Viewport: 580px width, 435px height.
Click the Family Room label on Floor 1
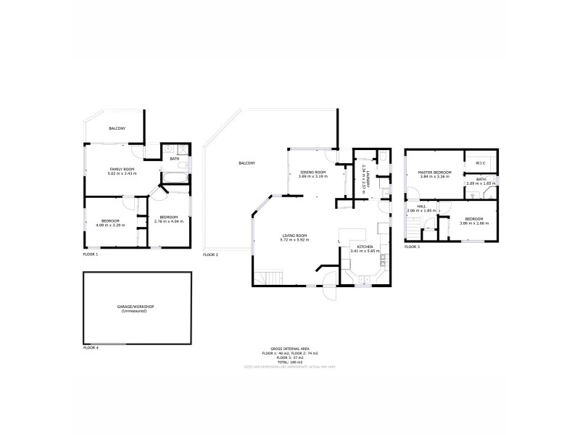[122, 168]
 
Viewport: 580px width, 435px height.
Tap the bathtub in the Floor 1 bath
[176, 177]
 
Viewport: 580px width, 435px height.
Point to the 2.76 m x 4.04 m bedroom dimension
[169, 221]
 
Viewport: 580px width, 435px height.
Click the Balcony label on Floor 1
[117, 128]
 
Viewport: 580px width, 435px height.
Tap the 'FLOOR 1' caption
[91, 254]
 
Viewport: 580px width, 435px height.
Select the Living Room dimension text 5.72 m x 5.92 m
[295, 240]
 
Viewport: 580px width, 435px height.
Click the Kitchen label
[365, 247]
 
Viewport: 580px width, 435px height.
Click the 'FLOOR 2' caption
[210, 254]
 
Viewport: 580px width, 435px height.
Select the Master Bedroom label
[434, 173]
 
